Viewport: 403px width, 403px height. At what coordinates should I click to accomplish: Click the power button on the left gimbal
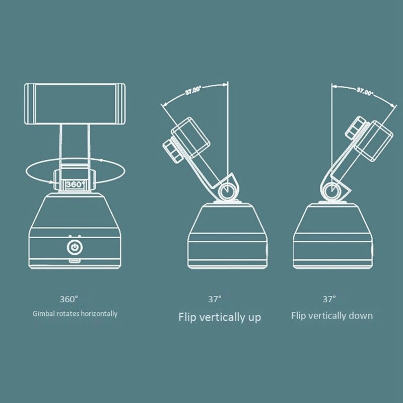75,247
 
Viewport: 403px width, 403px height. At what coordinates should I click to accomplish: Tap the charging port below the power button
75,261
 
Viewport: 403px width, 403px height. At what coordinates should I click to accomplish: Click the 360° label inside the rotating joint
75,184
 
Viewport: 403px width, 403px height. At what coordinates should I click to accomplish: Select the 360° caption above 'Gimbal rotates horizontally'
69,299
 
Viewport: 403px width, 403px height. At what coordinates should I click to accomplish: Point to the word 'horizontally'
99,313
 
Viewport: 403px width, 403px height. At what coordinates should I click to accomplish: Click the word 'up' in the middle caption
254,318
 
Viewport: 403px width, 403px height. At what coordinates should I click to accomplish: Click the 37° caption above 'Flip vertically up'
215,299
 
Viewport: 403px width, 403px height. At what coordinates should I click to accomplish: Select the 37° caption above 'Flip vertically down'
329,299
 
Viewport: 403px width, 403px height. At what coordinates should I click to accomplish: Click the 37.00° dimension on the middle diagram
193,91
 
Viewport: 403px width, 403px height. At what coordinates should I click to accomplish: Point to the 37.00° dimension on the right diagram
365,92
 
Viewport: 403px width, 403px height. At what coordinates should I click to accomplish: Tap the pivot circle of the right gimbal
332,191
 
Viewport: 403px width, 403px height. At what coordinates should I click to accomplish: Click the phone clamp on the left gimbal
75,104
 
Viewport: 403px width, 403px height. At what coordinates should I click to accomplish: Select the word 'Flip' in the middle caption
187,317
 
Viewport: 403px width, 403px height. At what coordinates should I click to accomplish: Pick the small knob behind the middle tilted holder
173,152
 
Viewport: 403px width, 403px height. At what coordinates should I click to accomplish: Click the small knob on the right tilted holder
356,128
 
